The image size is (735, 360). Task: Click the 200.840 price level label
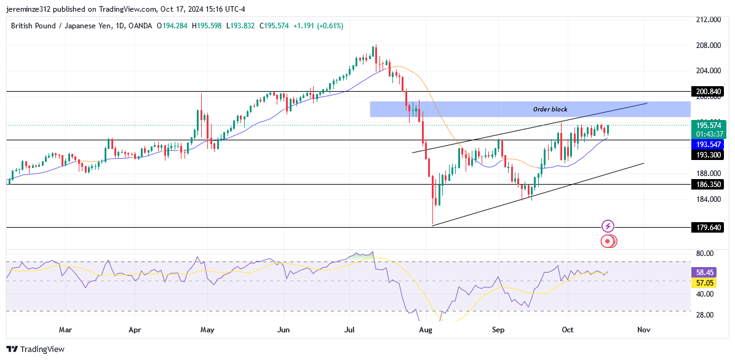point(708,92)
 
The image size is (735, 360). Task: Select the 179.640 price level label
point(708,228)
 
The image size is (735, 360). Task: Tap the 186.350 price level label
point(708,184)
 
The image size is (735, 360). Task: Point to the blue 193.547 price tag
point(708,143)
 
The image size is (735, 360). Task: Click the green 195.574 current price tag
point(708,125)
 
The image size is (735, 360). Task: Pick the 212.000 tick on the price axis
point(708,20)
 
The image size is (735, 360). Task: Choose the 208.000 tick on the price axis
point(708,46)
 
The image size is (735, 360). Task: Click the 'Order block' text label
point(550,110)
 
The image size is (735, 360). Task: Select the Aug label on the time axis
point(425,330)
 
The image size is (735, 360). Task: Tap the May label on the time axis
point(207,330)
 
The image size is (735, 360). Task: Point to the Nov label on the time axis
point(643,330)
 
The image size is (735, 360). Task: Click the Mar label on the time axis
point(65,330)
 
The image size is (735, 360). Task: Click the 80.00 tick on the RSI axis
point(704,254)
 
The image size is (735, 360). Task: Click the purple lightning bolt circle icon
point(608,226)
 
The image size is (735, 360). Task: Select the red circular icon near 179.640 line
point(608,241)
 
